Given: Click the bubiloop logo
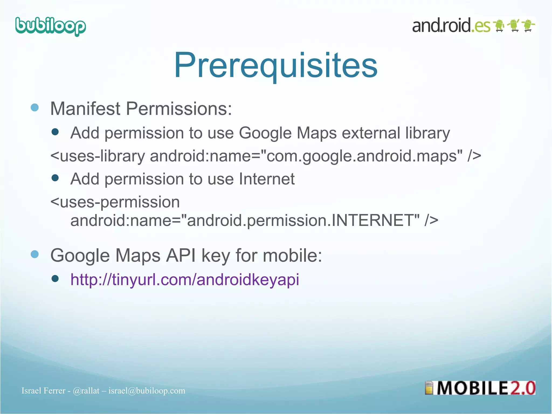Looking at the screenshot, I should pos(51,26).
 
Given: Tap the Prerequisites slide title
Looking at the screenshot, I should pos(275,65).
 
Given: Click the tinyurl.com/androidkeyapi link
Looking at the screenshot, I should pos(185,279).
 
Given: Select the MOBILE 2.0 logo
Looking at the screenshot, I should pos(480,388).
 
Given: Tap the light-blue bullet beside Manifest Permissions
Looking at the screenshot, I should pos(35,108).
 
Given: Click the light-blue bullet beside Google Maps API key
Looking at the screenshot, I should pos(35,254).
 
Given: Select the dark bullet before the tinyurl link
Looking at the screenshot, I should pos(55,278).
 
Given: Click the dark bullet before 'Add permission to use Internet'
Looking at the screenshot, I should pos(55,178).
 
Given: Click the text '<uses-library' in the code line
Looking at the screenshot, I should pos(98,156).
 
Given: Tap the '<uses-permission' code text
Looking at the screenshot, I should pos(115,202).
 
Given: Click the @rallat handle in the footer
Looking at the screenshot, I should pos(86,391).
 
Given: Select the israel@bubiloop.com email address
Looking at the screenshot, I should pos(147,391).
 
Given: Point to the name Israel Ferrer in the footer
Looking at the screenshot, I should pos(43,391).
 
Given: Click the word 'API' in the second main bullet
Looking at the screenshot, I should pos(181,255).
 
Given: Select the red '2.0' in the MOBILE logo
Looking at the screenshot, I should pos(522,388).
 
